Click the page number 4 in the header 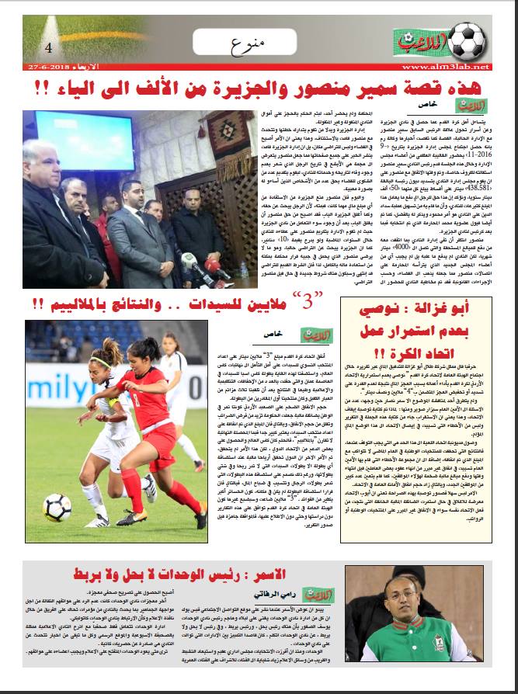(48, 47)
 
